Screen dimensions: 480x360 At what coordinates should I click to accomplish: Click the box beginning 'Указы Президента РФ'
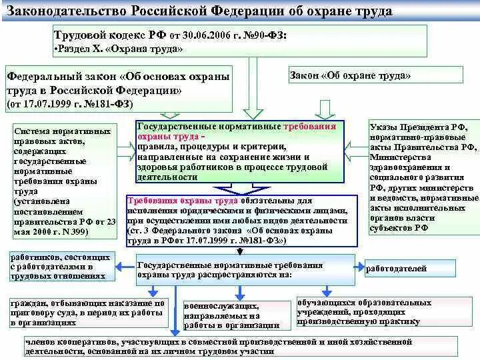click(x=424, y=177)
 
